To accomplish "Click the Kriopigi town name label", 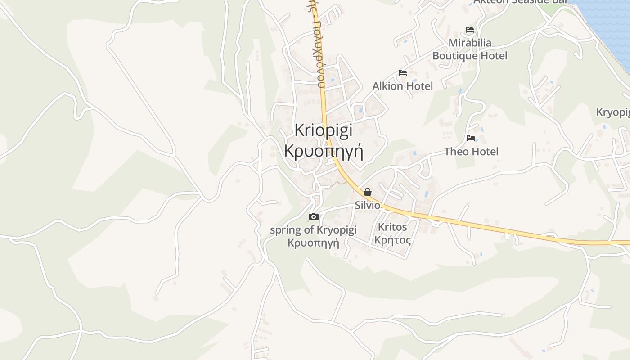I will pyautogui.click(x=324, y=130).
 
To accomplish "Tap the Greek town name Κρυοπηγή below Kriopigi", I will pyautogui.click(x=324, y=151).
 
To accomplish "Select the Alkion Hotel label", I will pyautogui.click(x=403, y=86).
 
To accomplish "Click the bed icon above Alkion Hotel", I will pyautogui.click(x=403, y=73).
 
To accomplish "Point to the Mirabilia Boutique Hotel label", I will pyautogui.click(x=470, y=49).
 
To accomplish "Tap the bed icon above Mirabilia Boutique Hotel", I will pyautogui.click(x=470, y=30).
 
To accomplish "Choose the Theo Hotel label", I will pyautogui.click(x=471, y=152).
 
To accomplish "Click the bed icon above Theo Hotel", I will pyautogui.click(x=471, y=138).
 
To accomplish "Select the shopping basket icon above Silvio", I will pyautogui.click(x=368, y=192).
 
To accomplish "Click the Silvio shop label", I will pyautogui.click(x=368, y=206).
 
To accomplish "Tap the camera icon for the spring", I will pyautogui.click(x=314, y=217).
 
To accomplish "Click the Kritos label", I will pyautogui.click(x=392, y=227).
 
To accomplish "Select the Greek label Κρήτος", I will pyautogui.click(x=392, y=240).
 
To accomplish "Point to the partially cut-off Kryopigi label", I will pyautogui.click(x=613, y=112).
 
